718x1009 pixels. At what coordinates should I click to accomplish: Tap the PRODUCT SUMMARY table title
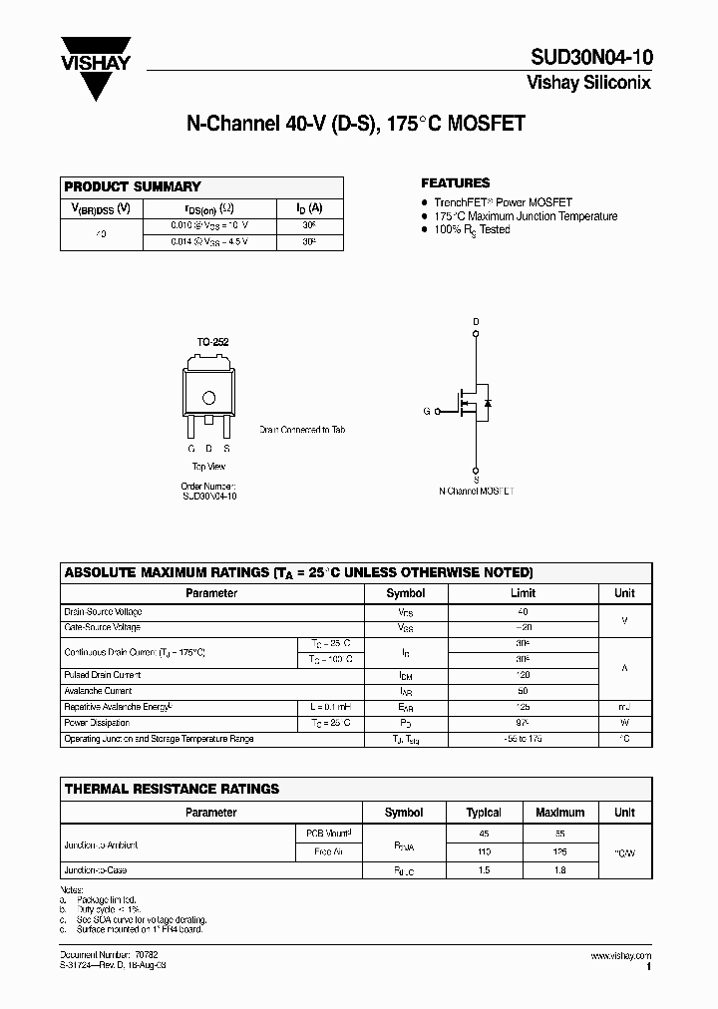(x=133, y=186)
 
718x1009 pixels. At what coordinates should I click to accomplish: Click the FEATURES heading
(x=456, y=183)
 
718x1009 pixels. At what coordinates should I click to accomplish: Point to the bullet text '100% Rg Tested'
(x=472, y=229)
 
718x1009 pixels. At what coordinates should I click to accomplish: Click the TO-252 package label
(x=212, y=342)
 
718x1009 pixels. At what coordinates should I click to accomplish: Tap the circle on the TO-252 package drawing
(x=209, y=398)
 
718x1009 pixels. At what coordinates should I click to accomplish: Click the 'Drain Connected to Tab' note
(x=302, y=430)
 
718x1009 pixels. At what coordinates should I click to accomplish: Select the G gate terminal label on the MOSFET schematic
(x=427, y=411)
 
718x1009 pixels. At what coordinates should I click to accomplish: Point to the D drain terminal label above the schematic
(x=476, y=321)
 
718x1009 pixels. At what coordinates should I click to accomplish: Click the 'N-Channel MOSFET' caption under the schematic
(x=476, y=492)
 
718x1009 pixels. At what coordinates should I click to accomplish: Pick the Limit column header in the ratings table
(x=523, y=593)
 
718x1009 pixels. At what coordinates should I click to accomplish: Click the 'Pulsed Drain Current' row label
(x=103, y=675)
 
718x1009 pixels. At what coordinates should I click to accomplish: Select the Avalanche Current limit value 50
(x=523, y=691)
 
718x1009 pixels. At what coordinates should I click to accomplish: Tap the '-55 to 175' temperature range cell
(x=523, y=739)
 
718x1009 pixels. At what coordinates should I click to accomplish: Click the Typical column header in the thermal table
(x=485, y=813)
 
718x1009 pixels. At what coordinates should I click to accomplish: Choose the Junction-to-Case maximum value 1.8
(x=559, y=870)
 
